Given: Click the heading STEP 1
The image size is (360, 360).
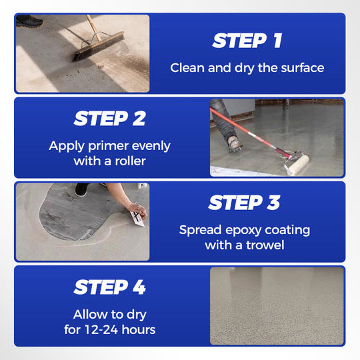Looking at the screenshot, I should pyautogui.click(x=247, y=41).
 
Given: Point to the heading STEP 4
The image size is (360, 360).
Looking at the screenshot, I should pyautogui.click(x=109, y=287).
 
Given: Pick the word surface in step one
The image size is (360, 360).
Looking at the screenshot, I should pyautogui.click(x=301, y=67).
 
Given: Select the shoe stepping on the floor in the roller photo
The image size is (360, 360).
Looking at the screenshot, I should pyautogui.click(x=233, y=142).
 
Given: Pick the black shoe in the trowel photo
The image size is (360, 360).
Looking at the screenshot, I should pyautogui.click(x=81, y=189).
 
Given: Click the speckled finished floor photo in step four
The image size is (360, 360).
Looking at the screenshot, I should pyautogui.click(x=277, y=305).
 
